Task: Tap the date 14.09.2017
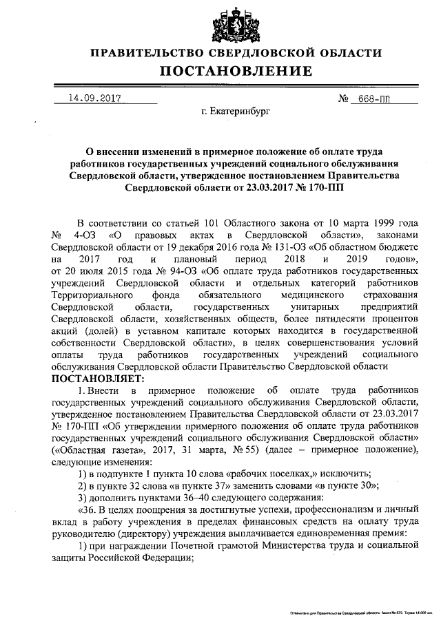tap(90, 98)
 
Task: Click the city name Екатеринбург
tap(227, 110)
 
